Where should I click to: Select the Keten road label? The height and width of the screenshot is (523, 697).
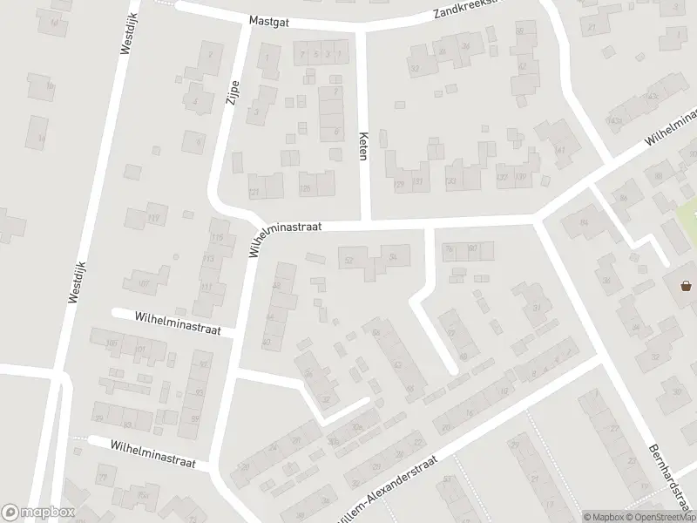point(362,146)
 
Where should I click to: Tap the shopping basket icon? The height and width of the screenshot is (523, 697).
point(686,285)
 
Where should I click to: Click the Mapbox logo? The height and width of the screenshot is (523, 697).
point(38,513)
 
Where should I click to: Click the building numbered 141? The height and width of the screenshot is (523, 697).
point(560,150)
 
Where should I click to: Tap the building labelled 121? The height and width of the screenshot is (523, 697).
point(254,192)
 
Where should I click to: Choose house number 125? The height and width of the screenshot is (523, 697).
point(304,187)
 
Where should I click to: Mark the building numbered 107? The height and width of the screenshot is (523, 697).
point(144,283)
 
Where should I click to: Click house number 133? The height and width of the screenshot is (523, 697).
point(450,181)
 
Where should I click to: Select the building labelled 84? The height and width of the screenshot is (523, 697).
point(584,223)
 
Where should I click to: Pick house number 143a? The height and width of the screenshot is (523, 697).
point(615,120)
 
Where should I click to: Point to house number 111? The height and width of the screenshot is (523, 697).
point(206,287)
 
